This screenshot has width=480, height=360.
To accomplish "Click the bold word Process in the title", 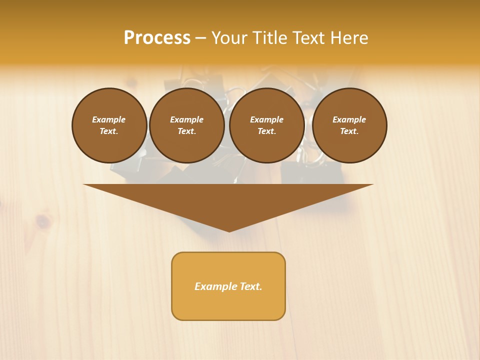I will tap(157, 38).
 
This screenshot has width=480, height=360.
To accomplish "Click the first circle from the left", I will tap(109, 125).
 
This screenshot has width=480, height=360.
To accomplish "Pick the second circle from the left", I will tap(186, 125).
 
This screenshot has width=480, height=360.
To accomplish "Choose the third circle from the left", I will tap(266, 125).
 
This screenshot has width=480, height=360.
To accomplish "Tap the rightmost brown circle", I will tap(349, 125).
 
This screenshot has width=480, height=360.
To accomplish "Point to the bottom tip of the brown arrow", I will tap(229, 231).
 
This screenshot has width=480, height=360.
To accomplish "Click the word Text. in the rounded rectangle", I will tap(250, 286).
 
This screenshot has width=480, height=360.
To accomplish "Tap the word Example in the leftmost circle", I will tap(109, 119).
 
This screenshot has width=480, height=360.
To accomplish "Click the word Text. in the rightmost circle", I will tap(349, 131).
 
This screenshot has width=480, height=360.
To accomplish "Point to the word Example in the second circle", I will tap(186, 119).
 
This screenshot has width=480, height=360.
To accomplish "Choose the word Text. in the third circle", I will tap(266, 131).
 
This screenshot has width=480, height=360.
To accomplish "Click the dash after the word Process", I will tap(200, 38).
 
